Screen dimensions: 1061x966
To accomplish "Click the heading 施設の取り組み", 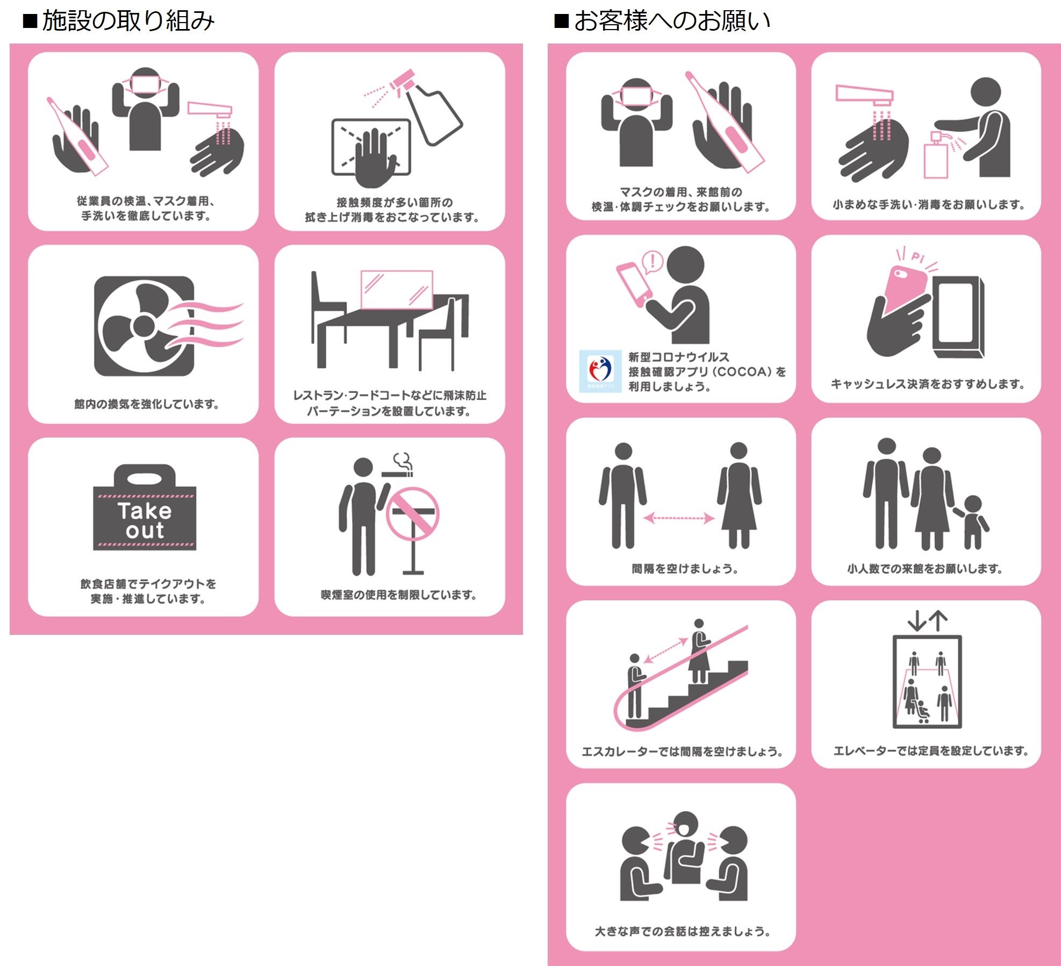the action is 128,20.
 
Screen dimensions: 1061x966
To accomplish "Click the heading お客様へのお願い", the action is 672,20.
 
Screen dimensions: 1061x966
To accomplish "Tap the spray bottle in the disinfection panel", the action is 427,107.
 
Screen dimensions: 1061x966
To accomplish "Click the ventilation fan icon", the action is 144,326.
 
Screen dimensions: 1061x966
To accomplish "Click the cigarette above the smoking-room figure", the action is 397,474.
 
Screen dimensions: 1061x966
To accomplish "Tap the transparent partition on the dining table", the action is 397,290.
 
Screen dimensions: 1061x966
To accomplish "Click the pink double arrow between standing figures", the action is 679,518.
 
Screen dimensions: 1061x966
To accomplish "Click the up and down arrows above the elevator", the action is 927,620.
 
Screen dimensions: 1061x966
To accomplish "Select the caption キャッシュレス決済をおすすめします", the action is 927,384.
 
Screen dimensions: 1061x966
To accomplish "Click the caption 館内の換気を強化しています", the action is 146,404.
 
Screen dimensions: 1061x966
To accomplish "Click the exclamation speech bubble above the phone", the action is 653,262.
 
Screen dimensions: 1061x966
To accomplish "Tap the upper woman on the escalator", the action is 699,651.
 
